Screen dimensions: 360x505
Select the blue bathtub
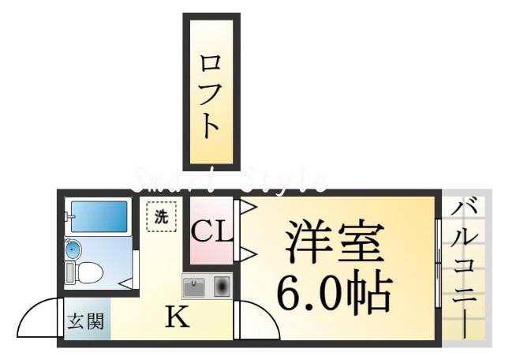[x=98, y=216]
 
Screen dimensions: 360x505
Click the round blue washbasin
[x=73, y=250]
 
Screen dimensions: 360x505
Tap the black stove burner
[x=221, y=284]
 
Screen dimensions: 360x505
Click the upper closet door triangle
[x=246, y=209]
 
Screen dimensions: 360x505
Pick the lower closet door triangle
[x=246, y=253]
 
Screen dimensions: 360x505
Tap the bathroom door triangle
[x=126, y=281]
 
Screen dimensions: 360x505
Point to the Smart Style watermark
[x=229, y=180]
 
